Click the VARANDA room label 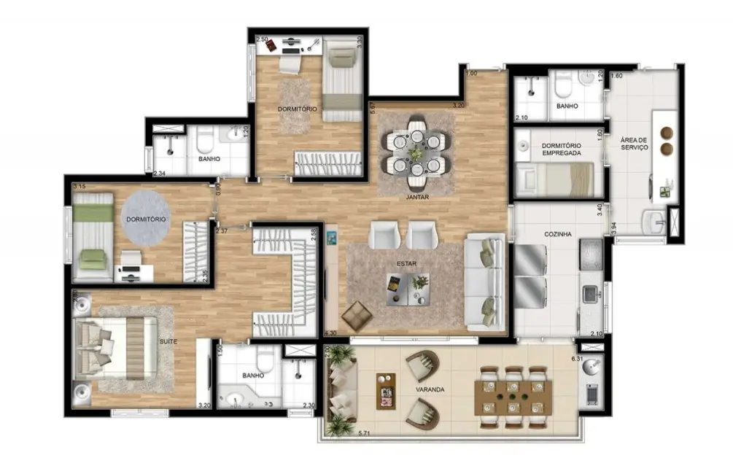(x=430, y=390)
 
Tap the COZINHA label (x=558, y=234)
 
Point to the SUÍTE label (x=168, y=341)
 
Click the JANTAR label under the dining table (x=416, y=197)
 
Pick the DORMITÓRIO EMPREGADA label (x=561, y=149)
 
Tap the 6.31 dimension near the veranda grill (x=578, y=359)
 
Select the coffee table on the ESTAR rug (x=407, y=287)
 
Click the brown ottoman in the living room (x=357, y=315)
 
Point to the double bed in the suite (x=117, y=347)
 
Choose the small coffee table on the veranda (x=386, y=392)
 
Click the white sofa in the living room (x=484, y=280)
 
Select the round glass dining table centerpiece (x=416, y=153)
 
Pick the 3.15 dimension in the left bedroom (x=80, y=187)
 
